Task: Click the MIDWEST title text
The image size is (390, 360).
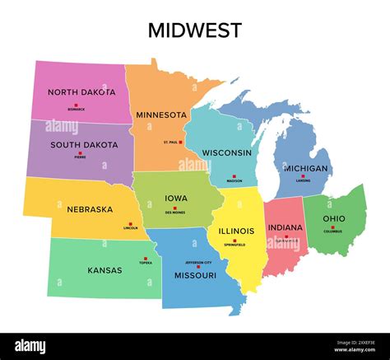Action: tap(195, 30)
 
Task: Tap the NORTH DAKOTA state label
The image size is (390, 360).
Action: tap(81, 92)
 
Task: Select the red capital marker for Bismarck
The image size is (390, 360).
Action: tap(76, 105)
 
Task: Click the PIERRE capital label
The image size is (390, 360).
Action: tap(81, 157)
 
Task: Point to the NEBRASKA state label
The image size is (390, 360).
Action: tap(90, 209)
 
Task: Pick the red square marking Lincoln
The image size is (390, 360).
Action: tap(129, 222)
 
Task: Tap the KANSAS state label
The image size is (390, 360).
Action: tap(104, 269)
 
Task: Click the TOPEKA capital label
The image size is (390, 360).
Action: tap(145, 263)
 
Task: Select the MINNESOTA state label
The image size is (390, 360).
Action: tap(161, 115)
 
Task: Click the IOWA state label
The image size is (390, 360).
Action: tap(176, 198)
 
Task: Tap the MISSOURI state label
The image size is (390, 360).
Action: tap(195, 275)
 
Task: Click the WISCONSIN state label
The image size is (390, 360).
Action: tap(227, 153)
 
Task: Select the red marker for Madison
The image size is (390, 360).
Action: tap(234, 176)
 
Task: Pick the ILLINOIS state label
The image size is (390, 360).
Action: tap(236, 231)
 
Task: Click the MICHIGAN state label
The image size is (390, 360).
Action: tap(305, 168)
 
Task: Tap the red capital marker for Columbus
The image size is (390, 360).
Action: tap(333, 227)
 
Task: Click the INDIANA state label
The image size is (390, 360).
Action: tap(285, 227)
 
